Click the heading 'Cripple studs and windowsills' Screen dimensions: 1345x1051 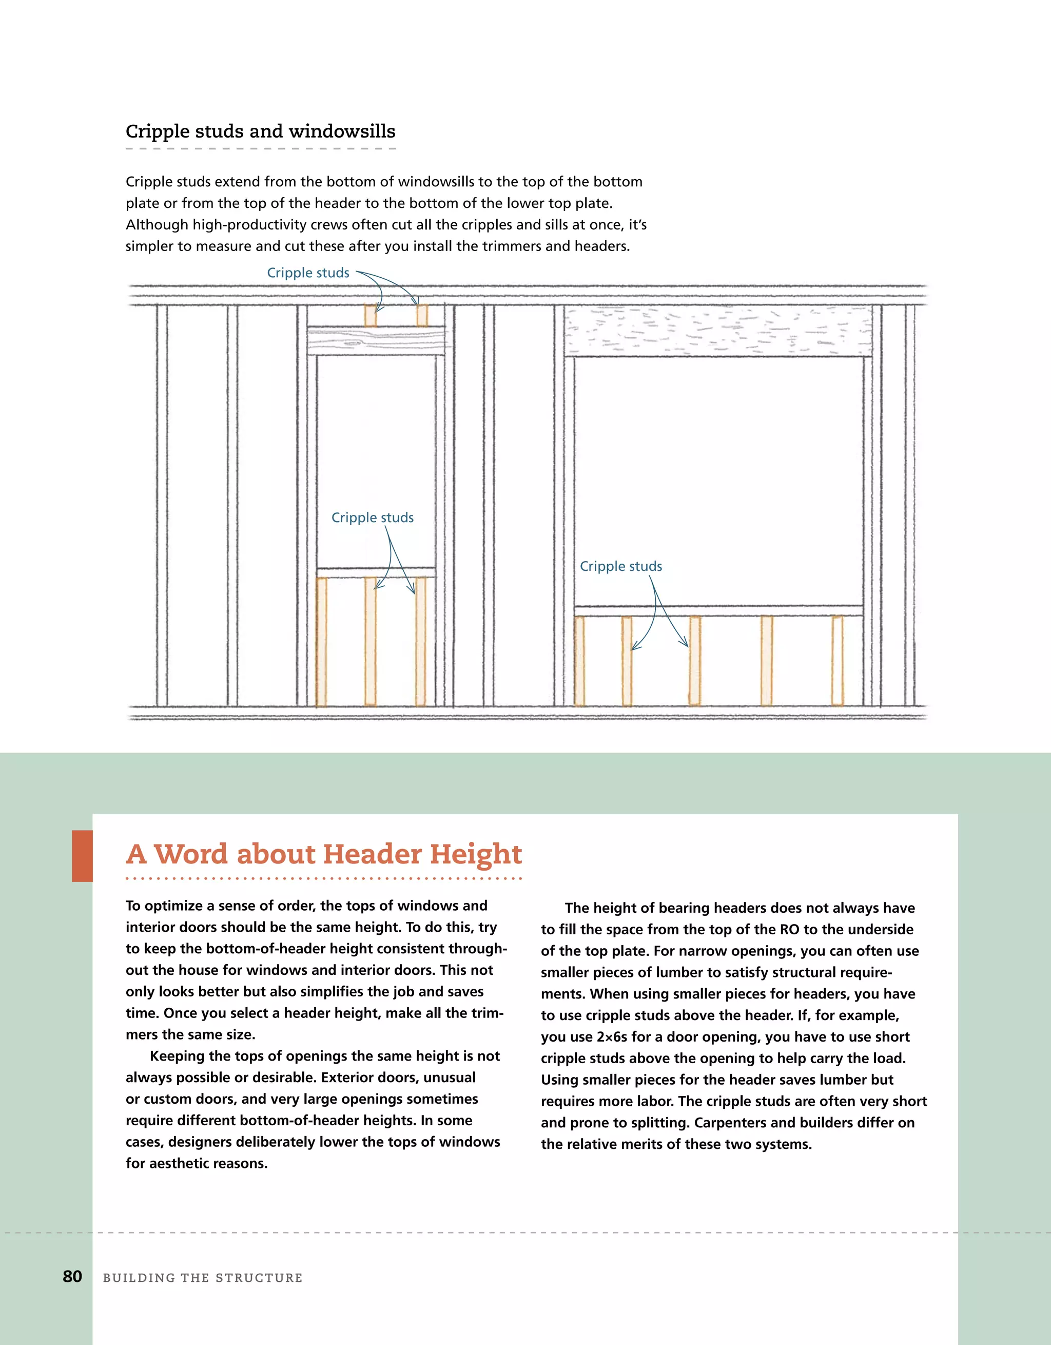pos(261,131)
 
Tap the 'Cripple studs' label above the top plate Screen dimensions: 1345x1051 pos(308,273)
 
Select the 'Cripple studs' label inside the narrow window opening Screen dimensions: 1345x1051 pos(372,517)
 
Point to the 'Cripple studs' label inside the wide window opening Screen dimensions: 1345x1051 pos(620,566)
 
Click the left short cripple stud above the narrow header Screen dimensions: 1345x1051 pos(370,316)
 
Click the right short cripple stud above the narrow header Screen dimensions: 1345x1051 pos(422,316)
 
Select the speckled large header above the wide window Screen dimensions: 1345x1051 pos(718,331)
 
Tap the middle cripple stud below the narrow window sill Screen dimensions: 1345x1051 pos(370,641)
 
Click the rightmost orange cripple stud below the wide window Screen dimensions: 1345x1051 pos(838,660)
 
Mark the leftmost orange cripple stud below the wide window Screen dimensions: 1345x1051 pos(579,660)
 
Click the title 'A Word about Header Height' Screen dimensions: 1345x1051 pos(324,854)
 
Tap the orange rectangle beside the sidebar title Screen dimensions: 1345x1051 pos(83,855)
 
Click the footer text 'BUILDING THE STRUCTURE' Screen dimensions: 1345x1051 pos(203,1278)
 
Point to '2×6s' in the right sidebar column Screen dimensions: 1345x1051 pos(611,1036)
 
